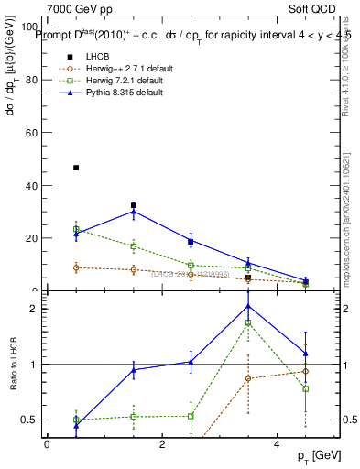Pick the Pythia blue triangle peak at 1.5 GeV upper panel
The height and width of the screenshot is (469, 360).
tap(134, 212)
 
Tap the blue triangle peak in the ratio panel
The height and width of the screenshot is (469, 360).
tap(248, 306)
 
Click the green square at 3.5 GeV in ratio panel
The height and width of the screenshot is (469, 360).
tap(248, 323)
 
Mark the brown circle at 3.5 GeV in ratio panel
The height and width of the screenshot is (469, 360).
tap(248, 378)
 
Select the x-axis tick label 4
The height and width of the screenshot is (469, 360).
tap(277, 443)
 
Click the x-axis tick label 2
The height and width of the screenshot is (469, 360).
tap(162, 443)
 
